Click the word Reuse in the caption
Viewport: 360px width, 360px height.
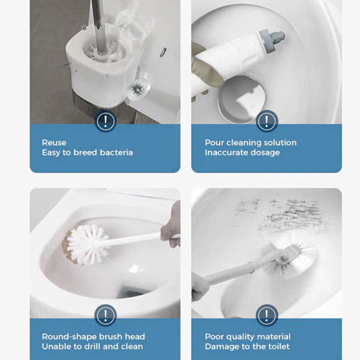tap(54, 143)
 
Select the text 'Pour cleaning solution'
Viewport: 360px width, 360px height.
tap(251, 143)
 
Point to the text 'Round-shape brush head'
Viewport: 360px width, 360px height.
tap(94, 337)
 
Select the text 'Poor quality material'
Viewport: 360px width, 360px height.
tap(247, 337)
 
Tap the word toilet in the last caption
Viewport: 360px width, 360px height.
tap(278, 346)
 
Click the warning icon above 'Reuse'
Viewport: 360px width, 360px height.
tap(106, 121)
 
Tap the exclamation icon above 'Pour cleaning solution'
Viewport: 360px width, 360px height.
tap(267, 121)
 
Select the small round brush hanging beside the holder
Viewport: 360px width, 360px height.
tap(136, 90)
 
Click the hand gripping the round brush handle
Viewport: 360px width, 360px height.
tap(171, 225)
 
